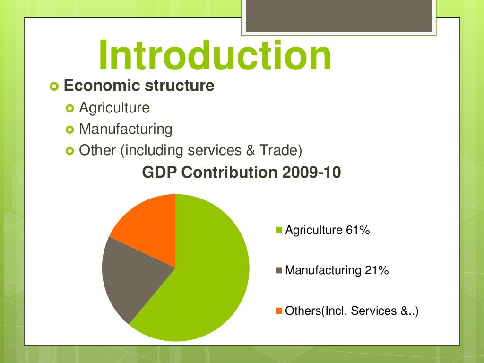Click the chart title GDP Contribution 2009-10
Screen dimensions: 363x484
pos(242,173)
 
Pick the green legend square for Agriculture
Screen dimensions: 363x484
pos(279,231)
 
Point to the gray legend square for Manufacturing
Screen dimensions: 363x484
pos(279,271)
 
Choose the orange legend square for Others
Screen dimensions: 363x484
pos(279,311)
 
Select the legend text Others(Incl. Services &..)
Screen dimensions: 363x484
pos(352,311)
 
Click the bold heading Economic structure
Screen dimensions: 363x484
pos(139,86)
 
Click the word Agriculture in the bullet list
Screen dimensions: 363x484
pos(114,108)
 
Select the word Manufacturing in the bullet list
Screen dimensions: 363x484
pos(126,129)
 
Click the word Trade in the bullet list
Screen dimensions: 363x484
pos(281,150)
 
